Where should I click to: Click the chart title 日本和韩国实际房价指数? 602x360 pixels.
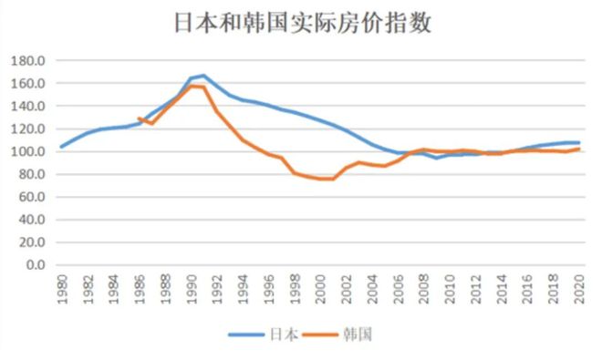pyautogui.click(x=301, y=23)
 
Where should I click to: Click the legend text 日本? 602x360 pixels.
pyautogui.click(x=283, y=334)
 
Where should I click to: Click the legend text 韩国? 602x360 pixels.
pyautogui.click(x=359, y=334)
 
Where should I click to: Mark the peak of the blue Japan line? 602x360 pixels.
pyautogui.click(x=203, y=76)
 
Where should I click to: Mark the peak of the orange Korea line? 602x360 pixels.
pyautogui.click(x=191, y=86)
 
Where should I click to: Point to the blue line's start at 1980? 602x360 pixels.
pyautogui.click(x=61, y=147)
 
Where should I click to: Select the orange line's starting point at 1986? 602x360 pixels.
pyautogui.click(x=139, y=118)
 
